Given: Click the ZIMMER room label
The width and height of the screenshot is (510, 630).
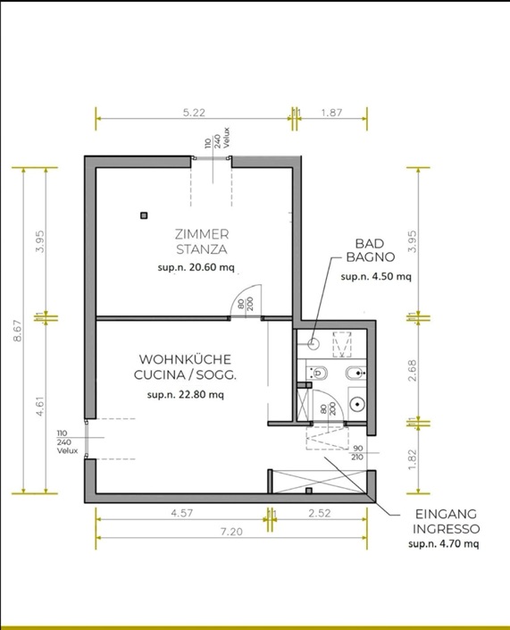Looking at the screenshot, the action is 202,234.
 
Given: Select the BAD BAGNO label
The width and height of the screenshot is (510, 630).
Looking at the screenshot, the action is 371,250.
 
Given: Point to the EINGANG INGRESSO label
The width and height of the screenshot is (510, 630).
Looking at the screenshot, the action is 447,521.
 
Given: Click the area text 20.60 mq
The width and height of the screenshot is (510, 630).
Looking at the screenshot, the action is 212,267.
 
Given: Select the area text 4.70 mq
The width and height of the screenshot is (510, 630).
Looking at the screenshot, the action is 459,544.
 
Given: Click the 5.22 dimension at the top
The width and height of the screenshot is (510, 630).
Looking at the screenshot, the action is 194,113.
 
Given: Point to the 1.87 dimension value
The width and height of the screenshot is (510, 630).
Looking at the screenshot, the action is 331,113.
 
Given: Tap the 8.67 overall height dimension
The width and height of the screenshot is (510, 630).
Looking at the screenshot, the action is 17,331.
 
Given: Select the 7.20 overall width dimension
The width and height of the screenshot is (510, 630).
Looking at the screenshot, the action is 231,532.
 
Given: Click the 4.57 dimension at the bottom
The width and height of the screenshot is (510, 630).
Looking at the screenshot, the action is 182,513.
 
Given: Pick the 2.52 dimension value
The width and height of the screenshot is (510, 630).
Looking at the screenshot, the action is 320,513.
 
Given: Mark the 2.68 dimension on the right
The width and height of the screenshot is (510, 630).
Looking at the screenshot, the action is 412,370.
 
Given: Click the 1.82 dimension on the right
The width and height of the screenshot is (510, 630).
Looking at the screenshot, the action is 412,459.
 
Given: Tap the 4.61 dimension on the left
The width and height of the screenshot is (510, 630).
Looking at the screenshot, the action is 39,407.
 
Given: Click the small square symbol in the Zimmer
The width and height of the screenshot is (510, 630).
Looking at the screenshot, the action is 144,215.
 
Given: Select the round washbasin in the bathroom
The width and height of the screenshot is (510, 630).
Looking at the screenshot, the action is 357,404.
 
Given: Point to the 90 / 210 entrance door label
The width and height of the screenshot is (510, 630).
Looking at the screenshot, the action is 357,452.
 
